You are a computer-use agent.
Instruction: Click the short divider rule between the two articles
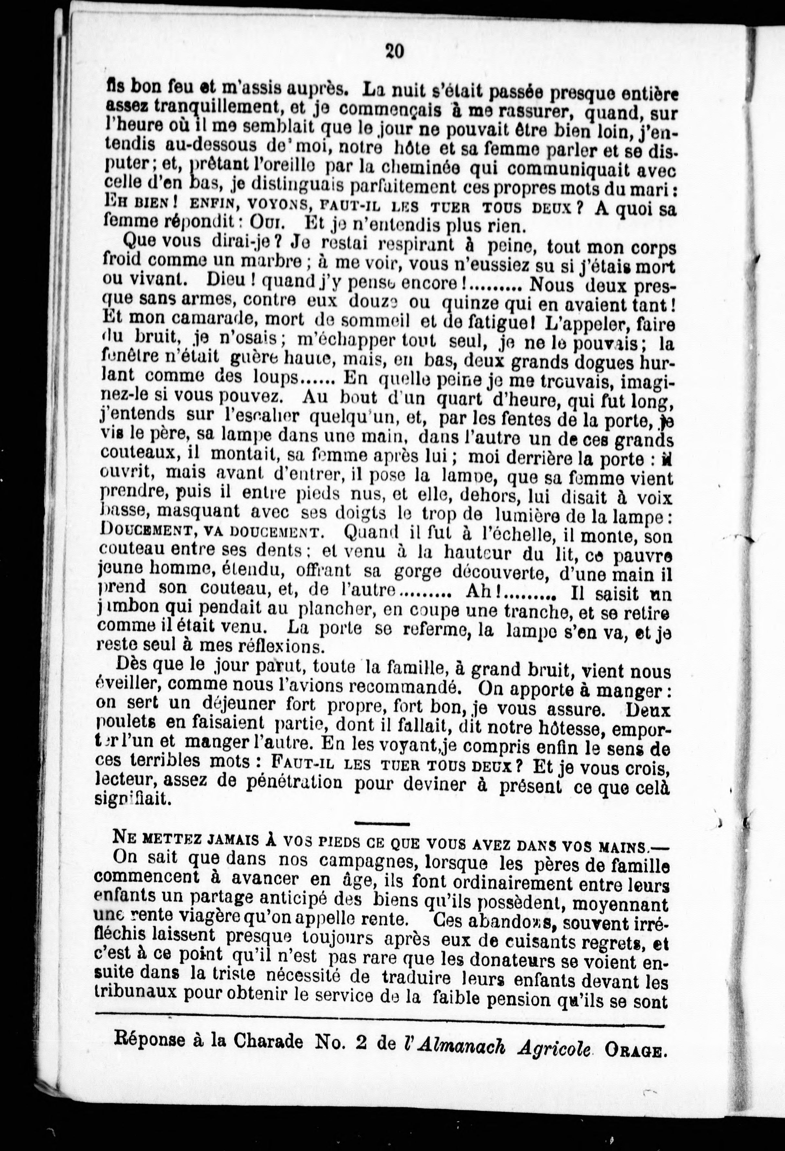click(x=382, y=824)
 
